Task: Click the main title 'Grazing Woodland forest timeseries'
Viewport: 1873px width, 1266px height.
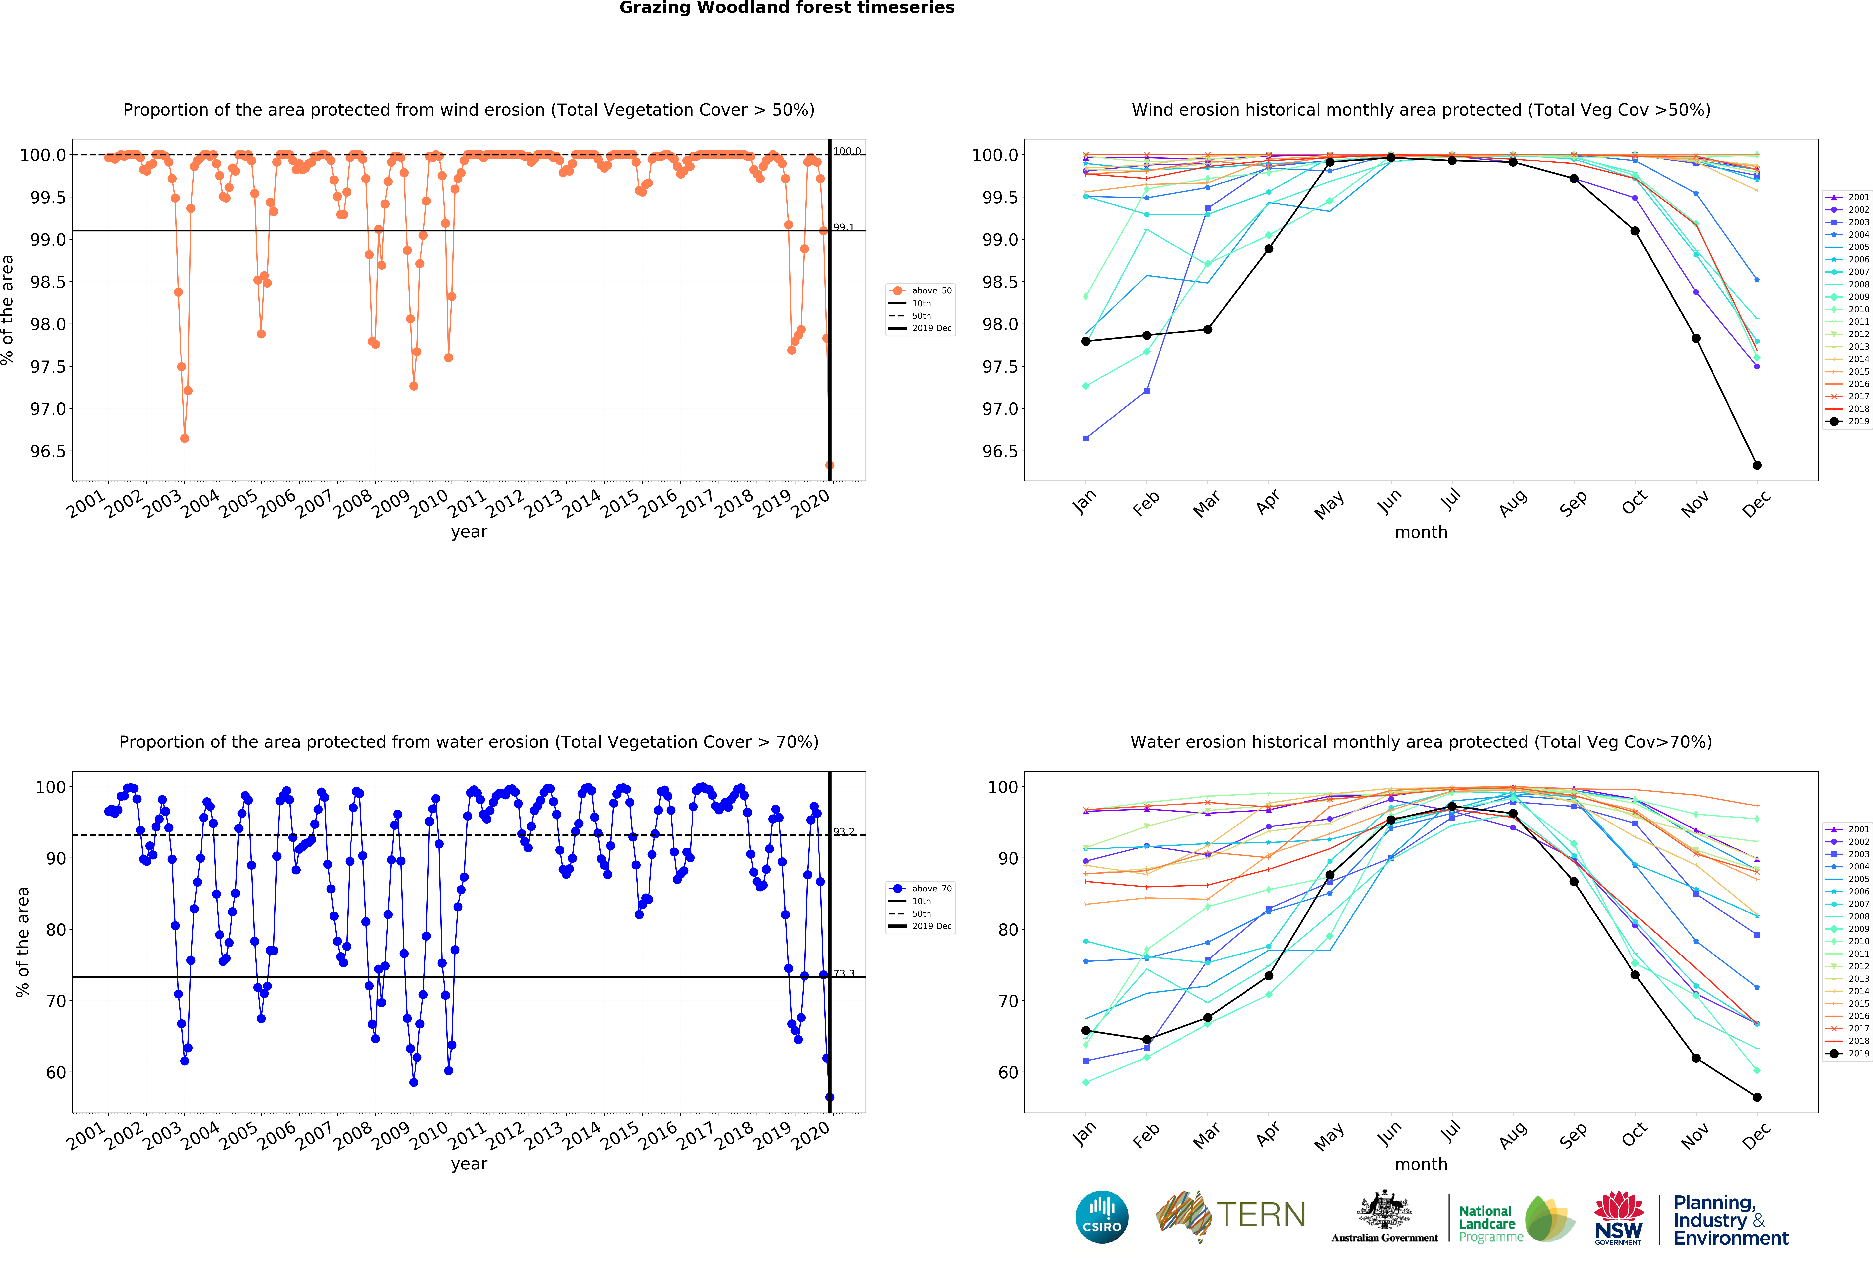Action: (787, 8)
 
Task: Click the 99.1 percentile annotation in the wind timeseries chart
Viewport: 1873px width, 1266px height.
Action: (843, 227)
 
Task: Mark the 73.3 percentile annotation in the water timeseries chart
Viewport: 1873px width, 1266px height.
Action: (843, 974)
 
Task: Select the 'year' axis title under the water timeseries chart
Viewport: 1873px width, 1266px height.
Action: (469, 1164)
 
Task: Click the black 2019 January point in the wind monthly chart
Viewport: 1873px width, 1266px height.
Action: (1086, 341)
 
